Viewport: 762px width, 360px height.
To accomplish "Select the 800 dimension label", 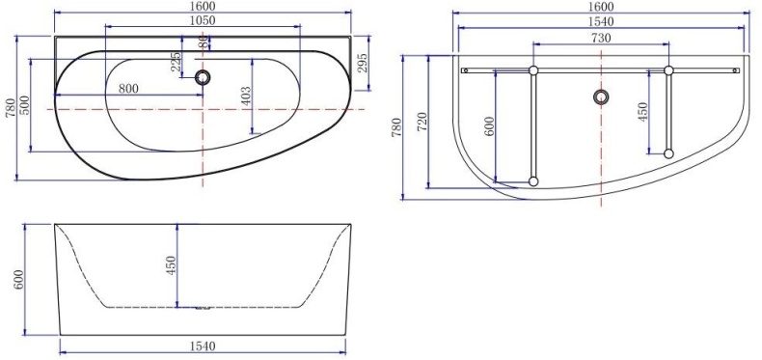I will [127, 88].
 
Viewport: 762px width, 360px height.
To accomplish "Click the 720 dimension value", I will [422, 122].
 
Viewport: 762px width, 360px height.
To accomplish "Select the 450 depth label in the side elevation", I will [171, 265].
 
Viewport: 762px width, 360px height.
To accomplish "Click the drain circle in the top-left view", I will [203, 78].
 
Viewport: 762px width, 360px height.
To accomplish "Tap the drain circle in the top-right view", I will [602, 97].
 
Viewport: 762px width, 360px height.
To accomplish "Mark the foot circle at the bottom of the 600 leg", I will [532, 180].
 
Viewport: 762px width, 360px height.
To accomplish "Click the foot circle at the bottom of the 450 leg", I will [667, 152].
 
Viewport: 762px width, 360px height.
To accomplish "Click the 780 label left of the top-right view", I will [396, 127].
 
